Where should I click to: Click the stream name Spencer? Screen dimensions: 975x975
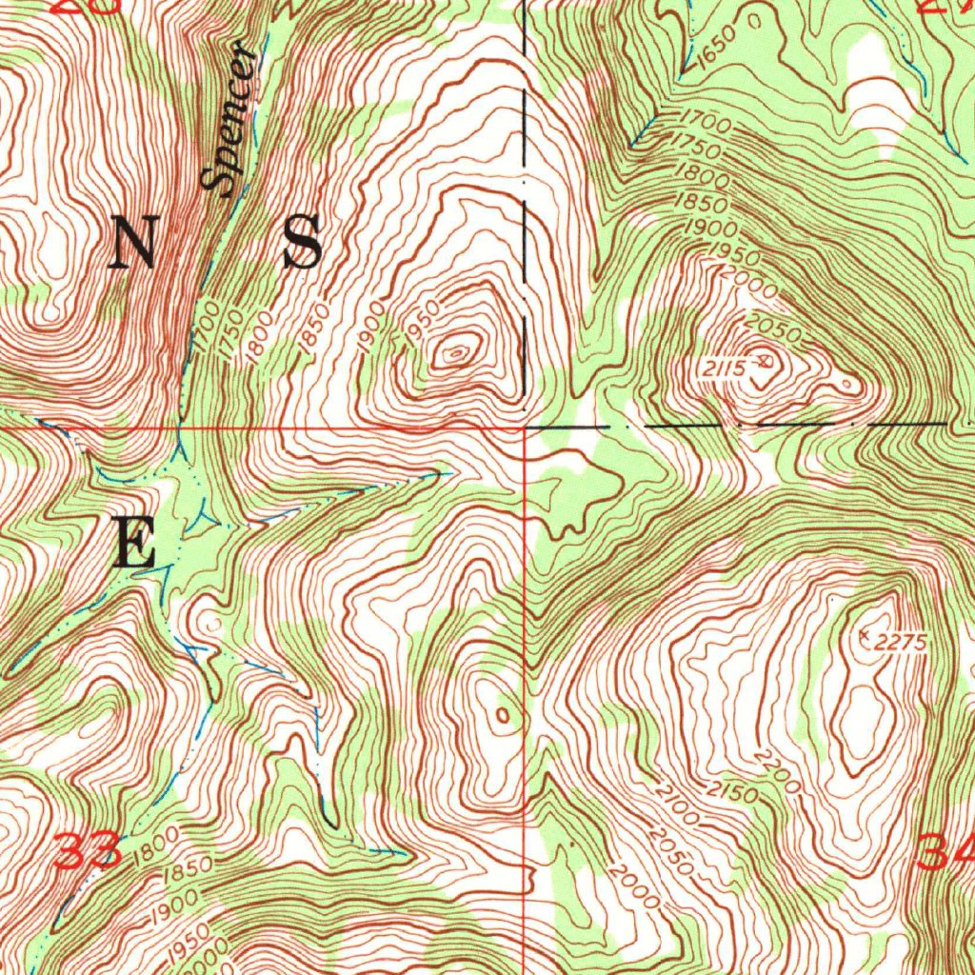click(x=230, y=121)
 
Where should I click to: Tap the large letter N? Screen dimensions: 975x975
click(x=134, y=242)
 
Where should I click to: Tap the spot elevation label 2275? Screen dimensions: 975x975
click(x=901, y=644)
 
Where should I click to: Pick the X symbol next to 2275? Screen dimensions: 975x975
click(x=865, y=632)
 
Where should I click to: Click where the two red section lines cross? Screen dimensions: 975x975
click(x=527, y=428)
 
